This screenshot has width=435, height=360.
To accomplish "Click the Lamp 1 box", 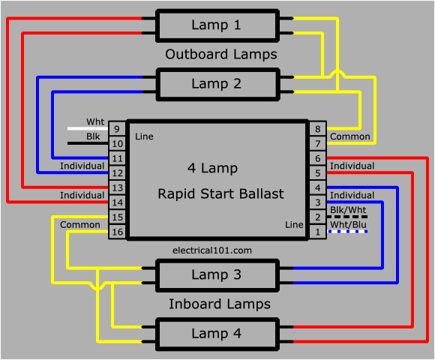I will (217, 25).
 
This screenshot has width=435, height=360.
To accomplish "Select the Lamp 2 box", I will (217, 84).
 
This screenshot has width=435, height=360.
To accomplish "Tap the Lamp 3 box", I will (217, 275).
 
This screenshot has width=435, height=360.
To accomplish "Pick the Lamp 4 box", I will (217, 334).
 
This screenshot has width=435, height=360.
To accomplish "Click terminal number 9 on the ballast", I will (117, 129).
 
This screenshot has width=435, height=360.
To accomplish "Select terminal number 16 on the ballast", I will (117, 232).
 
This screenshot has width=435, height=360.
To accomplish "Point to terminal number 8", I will (318, 129).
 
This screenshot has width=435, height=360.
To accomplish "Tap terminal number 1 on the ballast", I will (318, 232).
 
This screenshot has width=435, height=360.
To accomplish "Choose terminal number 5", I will (318, 173).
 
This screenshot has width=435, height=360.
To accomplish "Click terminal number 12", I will (117, 173).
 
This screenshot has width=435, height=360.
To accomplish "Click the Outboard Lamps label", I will (220, 55).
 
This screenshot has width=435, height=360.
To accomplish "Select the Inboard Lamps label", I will (219, 304).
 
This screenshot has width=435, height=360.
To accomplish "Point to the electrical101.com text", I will (211, 250).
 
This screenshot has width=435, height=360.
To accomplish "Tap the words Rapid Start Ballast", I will (220, 194).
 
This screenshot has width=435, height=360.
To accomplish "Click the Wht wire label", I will (95, 121).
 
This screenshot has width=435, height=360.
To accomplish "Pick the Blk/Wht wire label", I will (347, 210).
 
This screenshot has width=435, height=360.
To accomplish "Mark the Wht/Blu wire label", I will (347, 224).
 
